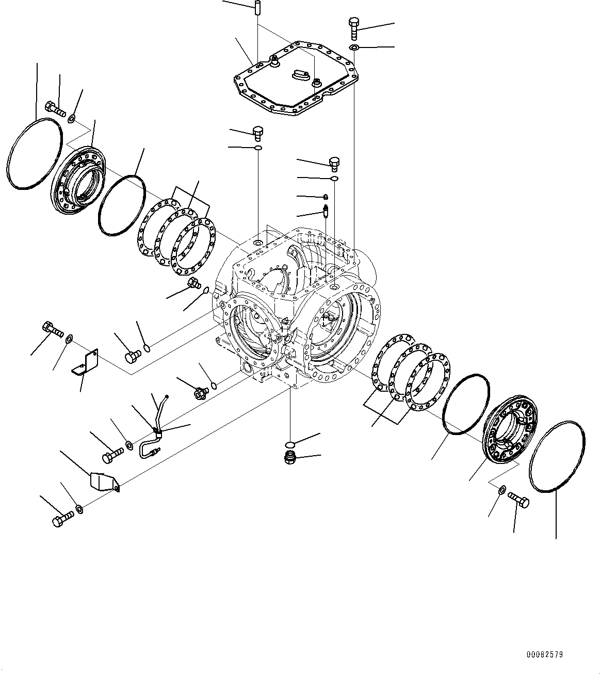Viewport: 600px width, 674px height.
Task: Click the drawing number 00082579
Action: tap(544, 654)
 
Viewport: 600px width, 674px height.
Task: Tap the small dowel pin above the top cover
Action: tap(256, 9)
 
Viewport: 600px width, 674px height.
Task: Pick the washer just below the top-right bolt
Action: tap(353, 48)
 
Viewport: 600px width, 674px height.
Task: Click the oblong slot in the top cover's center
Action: tap(300, 75)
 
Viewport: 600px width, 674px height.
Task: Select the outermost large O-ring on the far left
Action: tap(35, 154)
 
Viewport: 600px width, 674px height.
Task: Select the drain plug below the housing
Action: tap(290, 457)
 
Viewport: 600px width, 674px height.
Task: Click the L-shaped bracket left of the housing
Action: tap(85, 361)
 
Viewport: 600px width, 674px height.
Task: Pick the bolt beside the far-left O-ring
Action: tap(55, 108)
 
